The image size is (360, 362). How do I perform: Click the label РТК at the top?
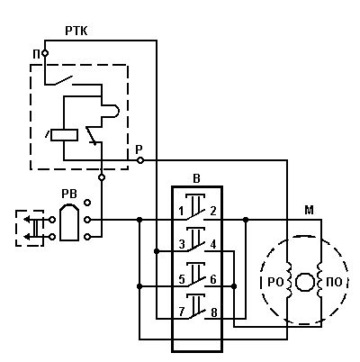76,31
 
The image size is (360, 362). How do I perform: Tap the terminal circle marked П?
45,53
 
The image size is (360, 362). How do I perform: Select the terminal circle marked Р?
139,160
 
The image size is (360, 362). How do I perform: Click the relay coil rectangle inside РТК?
64,135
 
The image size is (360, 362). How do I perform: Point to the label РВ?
69,194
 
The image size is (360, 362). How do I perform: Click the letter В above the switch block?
196,179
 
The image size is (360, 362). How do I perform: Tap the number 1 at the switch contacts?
181,212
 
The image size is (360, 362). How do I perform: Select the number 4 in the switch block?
213,245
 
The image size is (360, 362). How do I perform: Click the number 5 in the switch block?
182,280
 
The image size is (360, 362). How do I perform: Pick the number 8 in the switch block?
213,312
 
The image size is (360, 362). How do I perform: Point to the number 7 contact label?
182,312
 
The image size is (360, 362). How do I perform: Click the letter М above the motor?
309,211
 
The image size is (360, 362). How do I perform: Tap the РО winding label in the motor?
275,283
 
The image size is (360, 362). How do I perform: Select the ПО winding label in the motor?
334,283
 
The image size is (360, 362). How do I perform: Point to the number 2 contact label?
213,212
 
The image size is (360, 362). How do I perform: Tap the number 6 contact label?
213,280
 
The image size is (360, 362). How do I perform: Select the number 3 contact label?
182,245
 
